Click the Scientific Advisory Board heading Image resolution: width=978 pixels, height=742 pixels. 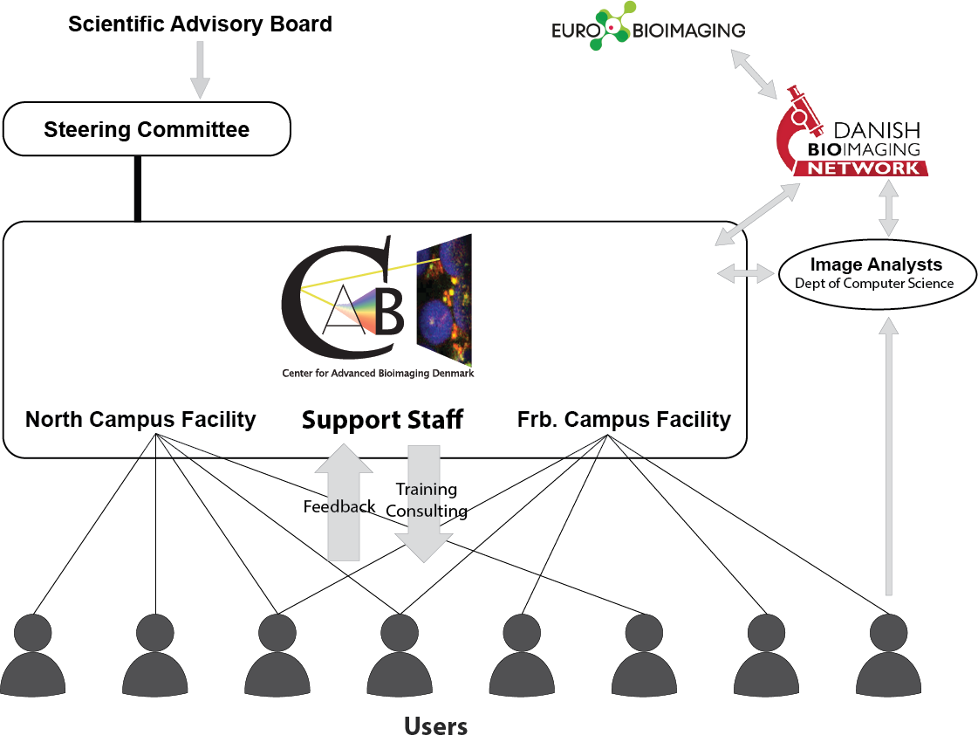coord(200,24)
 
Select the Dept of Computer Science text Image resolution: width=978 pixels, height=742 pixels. coord(874,284)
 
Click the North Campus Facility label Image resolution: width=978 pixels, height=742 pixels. coord(140,420)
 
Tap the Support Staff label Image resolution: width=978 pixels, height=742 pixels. coord(382,421)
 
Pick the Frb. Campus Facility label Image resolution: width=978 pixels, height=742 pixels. coord(624,420)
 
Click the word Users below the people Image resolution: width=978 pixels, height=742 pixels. coord(435,726)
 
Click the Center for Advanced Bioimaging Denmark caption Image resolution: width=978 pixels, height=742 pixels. coord(378,373)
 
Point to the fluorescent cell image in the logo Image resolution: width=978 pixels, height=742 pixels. coord(445,299)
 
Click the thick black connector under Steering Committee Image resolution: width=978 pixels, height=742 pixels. coord(137,188)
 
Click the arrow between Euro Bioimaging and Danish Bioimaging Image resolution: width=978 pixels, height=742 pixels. coord(755,73)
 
